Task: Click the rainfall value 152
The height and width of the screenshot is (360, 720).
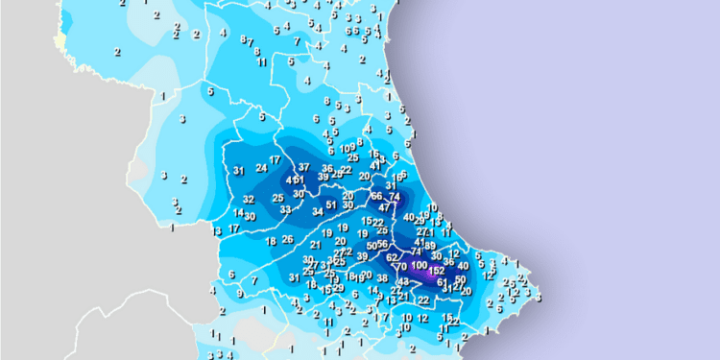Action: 437,271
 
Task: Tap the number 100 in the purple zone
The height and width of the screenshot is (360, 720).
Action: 420,264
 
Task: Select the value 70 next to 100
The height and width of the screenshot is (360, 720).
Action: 402,266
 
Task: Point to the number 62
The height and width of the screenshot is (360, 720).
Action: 392,257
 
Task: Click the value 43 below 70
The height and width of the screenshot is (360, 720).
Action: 402,281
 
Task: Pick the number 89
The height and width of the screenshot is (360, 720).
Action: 430,245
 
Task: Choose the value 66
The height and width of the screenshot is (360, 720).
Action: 376,196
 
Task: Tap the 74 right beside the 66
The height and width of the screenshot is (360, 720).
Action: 394,196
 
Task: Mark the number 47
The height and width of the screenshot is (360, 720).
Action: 385,206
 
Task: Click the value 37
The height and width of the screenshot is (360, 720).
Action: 304,167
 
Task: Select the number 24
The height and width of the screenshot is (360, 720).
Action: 261,168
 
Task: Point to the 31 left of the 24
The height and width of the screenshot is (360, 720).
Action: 238,171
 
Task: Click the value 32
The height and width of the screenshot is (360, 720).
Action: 248,200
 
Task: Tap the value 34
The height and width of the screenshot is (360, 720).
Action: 318,211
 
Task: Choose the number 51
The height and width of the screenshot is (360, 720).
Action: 331,204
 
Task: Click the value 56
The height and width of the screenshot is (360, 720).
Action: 382,245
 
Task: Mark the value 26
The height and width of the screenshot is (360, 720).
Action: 286,239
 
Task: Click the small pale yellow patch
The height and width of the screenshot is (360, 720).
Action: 60,41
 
